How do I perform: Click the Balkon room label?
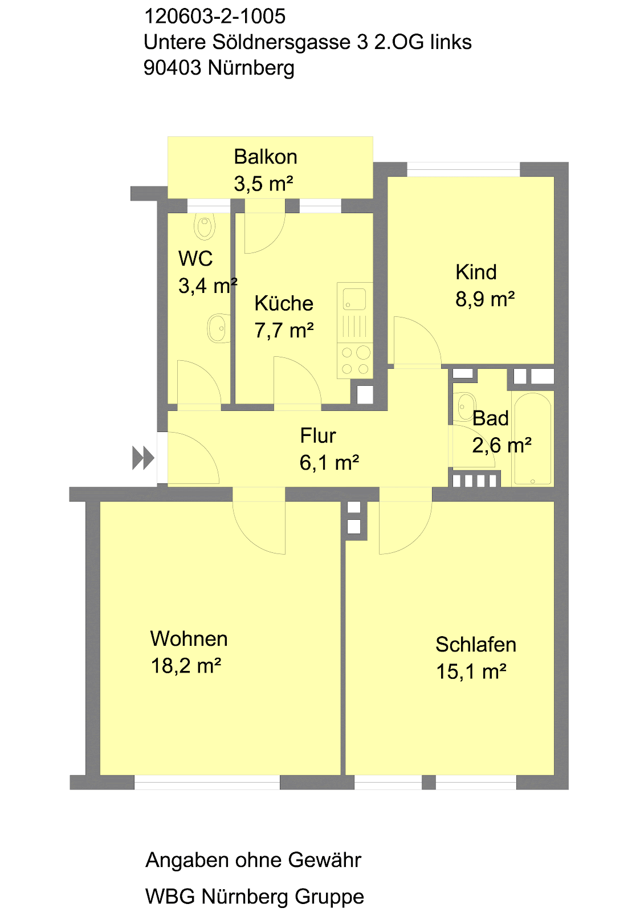[x=266, y=157]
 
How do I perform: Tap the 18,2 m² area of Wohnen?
[x=186, y=666]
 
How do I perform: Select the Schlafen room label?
[x=476, y=645]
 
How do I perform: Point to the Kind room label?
[x=476, y=272]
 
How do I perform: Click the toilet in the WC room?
[x=205, y=226]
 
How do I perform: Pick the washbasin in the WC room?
[x=218, y=329]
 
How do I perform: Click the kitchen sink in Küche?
[x=354, y=299]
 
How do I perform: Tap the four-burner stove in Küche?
[x=354, y=360]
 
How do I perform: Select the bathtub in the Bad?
[x=532, y=438]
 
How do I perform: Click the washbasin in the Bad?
[x=466, y=404]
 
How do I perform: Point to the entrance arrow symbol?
[x=143, y=458]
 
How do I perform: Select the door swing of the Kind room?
[x=416, y=342]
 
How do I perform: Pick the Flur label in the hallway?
[x=318, y=436]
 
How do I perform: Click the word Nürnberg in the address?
[x=251, y=68]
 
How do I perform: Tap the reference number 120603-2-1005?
[x=215, y=17]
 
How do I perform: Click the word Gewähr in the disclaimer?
[x=325, y=860]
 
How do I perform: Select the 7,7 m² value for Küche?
[x=284, y=331]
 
